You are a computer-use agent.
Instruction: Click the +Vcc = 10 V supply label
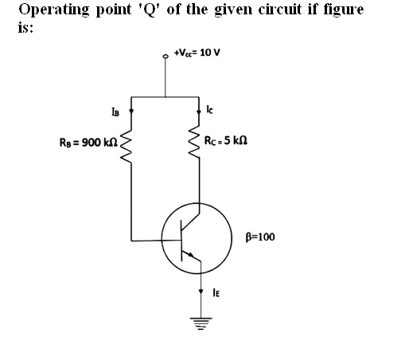[197, 53]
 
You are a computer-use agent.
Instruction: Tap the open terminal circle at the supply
[166, 56]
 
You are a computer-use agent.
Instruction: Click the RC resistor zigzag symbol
[195, 143]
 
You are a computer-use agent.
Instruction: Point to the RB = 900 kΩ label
[88, 143]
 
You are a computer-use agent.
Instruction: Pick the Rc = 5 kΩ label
[226, 140]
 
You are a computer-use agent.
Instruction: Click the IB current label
[115, 112]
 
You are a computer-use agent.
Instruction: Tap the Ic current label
[209, 109]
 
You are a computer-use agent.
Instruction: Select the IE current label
[216, 292]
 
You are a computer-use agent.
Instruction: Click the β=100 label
[260, 237]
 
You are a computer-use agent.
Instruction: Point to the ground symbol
[201, 323]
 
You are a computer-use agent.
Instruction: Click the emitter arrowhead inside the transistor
[190, 255]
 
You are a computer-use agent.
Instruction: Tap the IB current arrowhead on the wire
[131, 111]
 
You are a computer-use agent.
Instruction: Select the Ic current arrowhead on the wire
[199, 112]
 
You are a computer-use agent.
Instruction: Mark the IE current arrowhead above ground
[201, 292]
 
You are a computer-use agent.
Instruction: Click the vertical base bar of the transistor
[181, 241]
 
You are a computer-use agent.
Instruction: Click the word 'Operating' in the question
[55, 10]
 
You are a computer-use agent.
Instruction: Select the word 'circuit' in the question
[280, 10]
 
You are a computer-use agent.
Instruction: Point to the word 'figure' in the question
[344, 10]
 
